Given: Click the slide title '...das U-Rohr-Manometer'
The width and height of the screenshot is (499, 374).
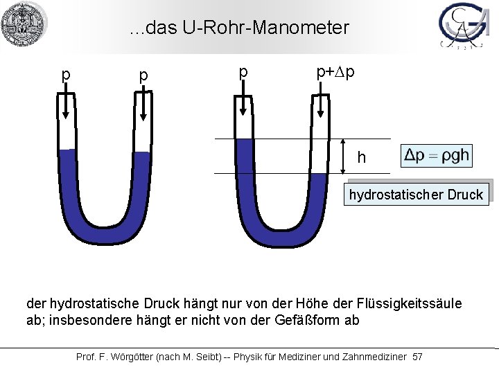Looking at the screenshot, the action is tap(239, 28).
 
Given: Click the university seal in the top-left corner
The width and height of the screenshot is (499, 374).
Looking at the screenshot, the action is tap(24, 24).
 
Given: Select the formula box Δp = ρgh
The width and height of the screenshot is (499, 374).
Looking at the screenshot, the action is tap(437, 156).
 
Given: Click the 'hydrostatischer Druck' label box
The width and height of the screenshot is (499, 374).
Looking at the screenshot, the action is tap(416, 195).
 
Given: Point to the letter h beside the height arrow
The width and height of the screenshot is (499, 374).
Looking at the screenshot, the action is tap(361, 158).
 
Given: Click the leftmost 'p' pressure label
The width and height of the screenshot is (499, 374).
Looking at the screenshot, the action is tap(66, 73).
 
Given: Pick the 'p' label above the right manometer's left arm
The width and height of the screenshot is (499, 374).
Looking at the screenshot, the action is tap(243, 72).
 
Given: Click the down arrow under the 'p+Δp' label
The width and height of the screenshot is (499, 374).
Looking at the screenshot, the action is tap(321, 107).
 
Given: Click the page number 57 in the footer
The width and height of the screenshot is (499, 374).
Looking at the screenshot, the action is tap(417, 357).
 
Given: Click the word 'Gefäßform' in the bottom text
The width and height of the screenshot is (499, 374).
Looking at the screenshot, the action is tap(301, 321).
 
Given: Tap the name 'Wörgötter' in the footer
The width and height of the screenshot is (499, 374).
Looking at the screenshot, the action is tap(129, 357).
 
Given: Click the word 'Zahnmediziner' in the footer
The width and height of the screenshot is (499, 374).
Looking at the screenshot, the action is tap(374, 357).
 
